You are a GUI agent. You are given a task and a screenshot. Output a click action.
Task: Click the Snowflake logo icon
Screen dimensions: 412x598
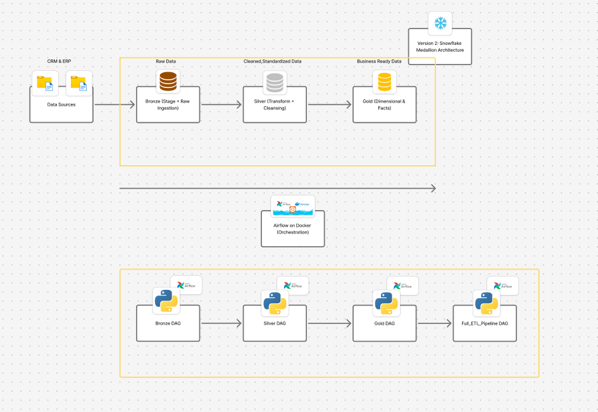point(440,23)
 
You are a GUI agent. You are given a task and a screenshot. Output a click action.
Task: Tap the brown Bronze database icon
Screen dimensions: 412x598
point(168,82)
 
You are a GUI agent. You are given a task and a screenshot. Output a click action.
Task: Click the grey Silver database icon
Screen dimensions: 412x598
point(275,82)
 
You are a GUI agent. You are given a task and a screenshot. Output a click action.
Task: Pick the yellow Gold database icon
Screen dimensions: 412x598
point(384,82)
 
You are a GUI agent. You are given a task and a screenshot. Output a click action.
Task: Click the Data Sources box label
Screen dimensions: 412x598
point(61,104)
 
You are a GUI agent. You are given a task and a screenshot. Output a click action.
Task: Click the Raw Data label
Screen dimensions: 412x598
point(166,61)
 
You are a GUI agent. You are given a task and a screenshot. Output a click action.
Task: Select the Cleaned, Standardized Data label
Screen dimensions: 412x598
point(273,61)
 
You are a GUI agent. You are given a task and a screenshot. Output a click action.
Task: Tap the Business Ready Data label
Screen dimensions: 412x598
point(379,61)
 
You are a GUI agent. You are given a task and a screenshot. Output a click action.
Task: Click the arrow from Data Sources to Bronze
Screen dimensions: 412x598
point(115,104)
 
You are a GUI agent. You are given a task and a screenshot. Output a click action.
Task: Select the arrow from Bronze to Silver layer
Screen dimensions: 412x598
point(221,104)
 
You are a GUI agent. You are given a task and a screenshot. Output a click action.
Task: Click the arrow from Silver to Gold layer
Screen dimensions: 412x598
point(329,104)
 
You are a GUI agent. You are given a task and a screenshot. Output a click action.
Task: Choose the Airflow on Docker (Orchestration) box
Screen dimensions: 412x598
point(292,229)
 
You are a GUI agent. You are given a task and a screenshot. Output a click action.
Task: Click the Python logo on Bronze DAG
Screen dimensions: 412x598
point(166,301)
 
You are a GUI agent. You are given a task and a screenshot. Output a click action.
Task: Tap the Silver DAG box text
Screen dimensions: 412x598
point(275,323)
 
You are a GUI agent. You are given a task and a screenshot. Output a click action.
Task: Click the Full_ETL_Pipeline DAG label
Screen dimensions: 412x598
point(485,323)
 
